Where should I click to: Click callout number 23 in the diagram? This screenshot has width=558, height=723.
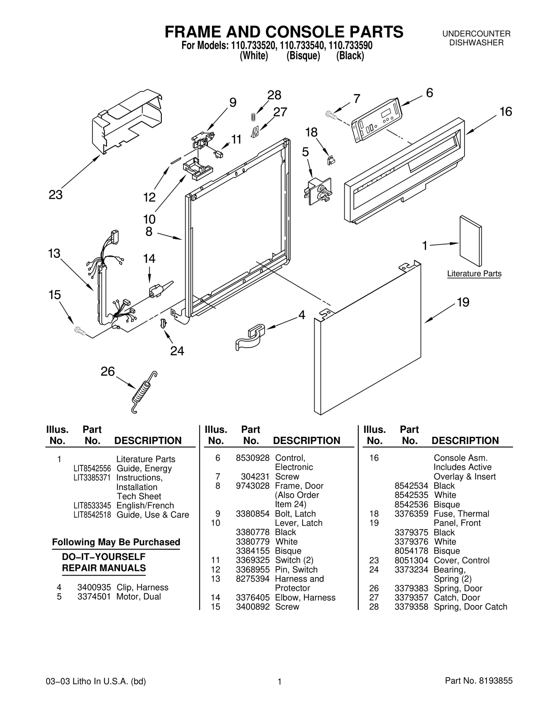click(55, 195)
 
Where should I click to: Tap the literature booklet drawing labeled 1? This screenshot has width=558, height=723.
click(470, 241)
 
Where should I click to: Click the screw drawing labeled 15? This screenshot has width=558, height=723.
click(80, 330)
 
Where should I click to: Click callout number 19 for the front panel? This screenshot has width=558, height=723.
click(463, 302)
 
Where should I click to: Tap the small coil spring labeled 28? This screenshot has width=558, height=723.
click(254, 117)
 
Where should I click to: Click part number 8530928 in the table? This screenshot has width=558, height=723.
click(252, 458)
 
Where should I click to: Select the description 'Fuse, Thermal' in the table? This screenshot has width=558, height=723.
click(461, 514)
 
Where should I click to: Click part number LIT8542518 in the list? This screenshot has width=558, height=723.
click(92, 515)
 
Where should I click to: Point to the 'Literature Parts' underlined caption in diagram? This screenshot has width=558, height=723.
click(474, 274)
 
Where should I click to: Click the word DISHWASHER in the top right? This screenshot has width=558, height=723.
click(476, 43)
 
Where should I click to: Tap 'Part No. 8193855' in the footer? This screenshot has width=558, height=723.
click(478, 681)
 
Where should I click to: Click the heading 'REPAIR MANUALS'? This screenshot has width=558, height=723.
click(104, 568)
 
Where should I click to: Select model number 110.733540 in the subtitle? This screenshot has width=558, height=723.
click(302, 46)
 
